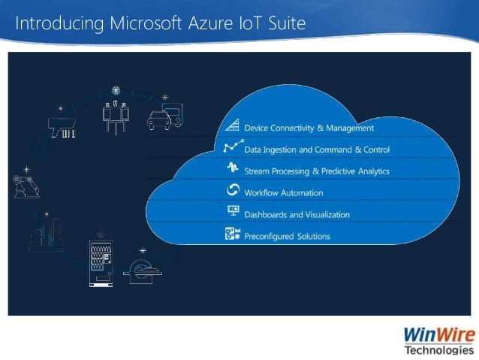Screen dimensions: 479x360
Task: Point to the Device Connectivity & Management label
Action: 309,128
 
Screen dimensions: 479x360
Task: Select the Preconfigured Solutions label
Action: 288,236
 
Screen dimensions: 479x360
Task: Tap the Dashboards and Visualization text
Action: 297,214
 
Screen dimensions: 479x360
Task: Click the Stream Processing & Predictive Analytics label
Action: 317,171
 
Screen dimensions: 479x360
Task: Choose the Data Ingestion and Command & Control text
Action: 317,150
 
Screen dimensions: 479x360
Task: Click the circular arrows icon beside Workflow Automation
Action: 232,191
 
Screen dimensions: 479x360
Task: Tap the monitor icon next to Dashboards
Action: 232,213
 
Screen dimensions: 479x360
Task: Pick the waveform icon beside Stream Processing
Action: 232,169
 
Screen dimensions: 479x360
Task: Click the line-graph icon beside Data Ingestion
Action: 232,147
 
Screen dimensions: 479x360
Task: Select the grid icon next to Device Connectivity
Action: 232,126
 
